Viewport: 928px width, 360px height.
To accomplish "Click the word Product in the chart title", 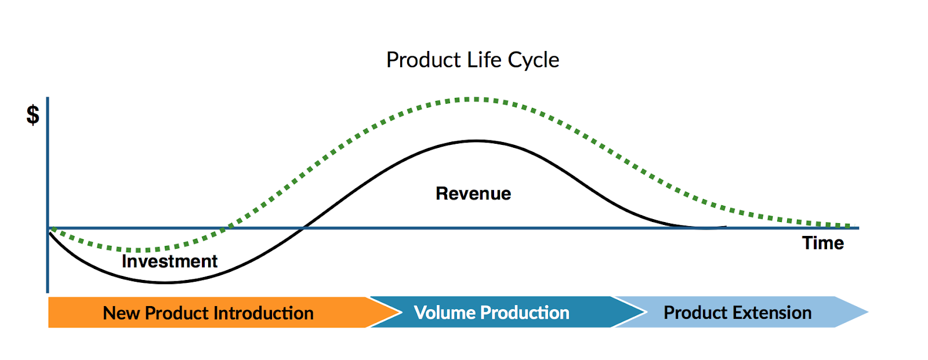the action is coord(423,60).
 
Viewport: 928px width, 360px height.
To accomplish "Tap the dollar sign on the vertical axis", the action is coord(32,115).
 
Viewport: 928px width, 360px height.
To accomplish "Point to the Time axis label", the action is coord(823,243).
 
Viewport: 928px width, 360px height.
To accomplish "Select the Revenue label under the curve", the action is coord(473,194).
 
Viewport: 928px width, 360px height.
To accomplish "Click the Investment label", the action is coord(169,261).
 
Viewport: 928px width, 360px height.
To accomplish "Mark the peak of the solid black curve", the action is coord(476,141).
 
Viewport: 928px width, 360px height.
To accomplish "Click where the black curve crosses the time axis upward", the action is coord(304,227).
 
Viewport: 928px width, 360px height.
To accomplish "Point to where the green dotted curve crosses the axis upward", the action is coord(226,227).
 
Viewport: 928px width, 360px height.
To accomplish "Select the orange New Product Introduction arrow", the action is coord(224,312).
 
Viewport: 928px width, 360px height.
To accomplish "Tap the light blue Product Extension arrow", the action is coord(742,312).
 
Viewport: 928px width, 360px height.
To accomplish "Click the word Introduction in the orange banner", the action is coord(263,313).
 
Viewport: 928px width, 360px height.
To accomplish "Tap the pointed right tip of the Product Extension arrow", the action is coord(868,312).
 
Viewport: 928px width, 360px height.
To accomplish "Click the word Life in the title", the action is coord(484,60).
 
